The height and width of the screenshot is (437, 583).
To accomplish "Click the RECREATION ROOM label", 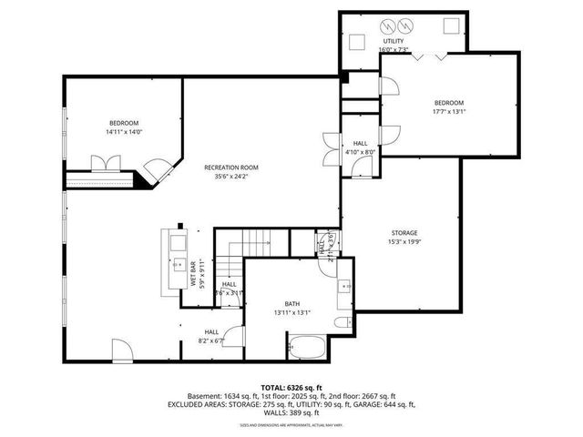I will click(x=231, y=168).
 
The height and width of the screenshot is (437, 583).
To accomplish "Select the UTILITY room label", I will click(x=393, y=42).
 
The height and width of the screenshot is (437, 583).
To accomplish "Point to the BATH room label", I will click(x=292, y=303).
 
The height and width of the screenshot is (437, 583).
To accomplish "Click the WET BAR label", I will click(x=192, y=274).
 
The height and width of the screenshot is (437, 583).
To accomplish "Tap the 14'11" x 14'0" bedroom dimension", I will click(x=124, y=132).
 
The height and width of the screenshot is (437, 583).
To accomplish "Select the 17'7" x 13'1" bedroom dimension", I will click(x=448, y=112).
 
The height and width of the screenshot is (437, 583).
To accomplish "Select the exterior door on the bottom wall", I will click(x=121, y=348).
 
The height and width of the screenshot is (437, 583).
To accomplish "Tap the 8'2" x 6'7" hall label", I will click(x=211, y=336).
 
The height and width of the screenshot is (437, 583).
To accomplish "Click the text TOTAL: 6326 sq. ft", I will click(x=287, y=387).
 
